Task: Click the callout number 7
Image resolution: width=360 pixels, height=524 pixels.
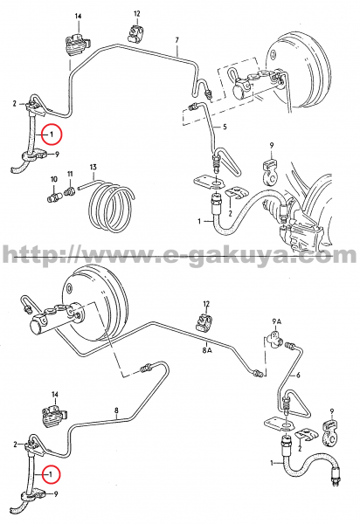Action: point(177,40)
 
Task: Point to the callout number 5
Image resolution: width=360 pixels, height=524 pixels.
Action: point(225,127)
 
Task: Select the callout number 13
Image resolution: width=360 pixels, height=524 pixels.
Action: point(93,167)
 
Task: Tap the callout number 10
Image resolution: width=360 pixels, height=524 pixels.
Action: point(54,179)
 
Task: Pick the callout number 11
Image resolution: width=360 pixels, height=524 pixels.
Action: point(70,174)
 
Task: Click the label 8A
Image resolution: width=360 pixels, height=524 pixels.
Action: point(207,351)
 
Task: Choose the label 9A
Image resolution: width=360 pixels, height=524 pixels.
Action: point(277,321)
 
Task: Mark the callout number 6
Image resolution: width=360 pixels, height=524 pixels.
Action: point(299,375)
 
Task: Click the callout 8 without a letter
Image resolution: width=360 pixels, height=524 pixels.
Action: point(116,409)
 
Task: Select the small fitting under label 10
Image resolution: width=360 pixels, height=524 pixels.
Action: point(53,196)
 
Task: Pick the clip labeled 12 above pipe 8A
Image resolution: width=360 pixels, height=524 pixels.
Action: point(204,321)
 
